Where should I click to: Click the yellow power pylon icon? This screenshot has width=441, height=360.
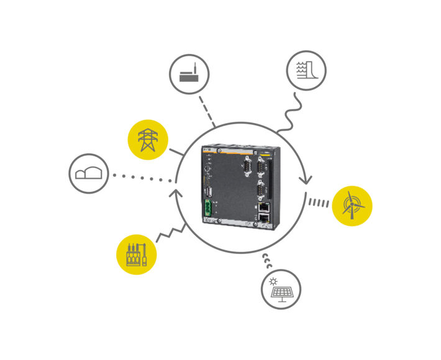(148, 140)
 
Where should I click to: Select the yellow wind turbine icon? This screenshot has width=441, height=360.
(352, 205)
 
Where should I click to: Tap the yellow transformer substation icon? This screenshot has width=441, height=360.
(137, 254)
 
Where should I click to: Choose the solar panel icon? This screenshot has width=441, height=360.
(281, 289)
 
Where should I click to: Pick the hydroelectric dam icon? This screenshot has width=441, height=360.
(306, 70)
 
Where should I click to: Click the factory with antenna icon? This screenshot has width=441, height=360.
(189, 75)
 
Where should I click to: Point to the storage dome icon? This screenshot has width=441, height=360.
(89, 173)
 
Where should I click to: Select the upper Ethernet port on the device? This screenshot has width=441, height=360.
(263, 207)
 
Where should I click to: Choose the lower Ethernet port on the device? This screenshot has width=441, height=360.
(263, 218)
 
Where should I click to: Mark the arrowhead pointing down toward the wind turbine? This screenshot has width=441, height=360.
(305, 181)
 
